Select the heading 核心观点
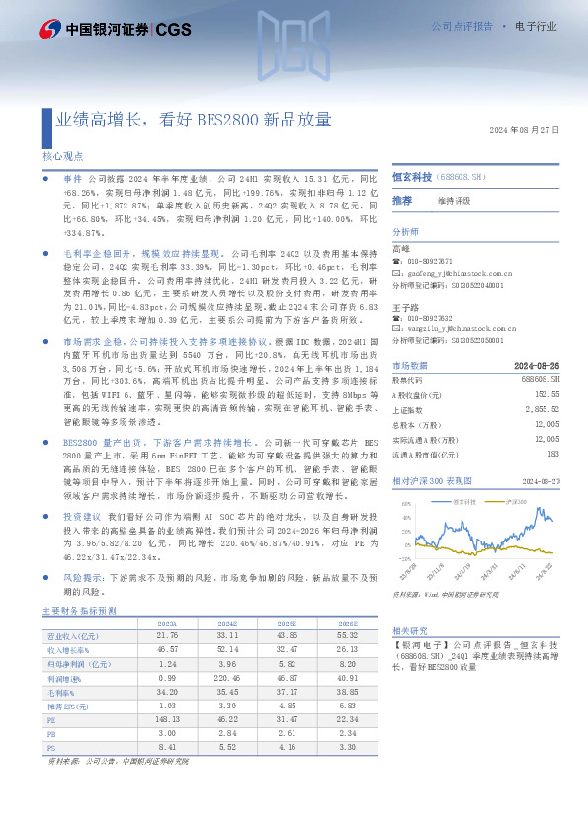(62, 156)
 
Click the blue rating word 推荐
(402, 201)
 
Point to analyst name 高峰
(400, 248)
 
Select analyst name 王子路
(404, 307)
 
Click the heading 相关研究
(409, 630)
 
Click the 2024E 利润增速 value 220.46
(226, 678)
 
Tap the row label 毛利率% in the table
(64, 692)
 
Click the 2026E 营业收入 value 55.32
(349, 636)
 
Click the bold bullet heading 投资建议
(83, 517)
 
